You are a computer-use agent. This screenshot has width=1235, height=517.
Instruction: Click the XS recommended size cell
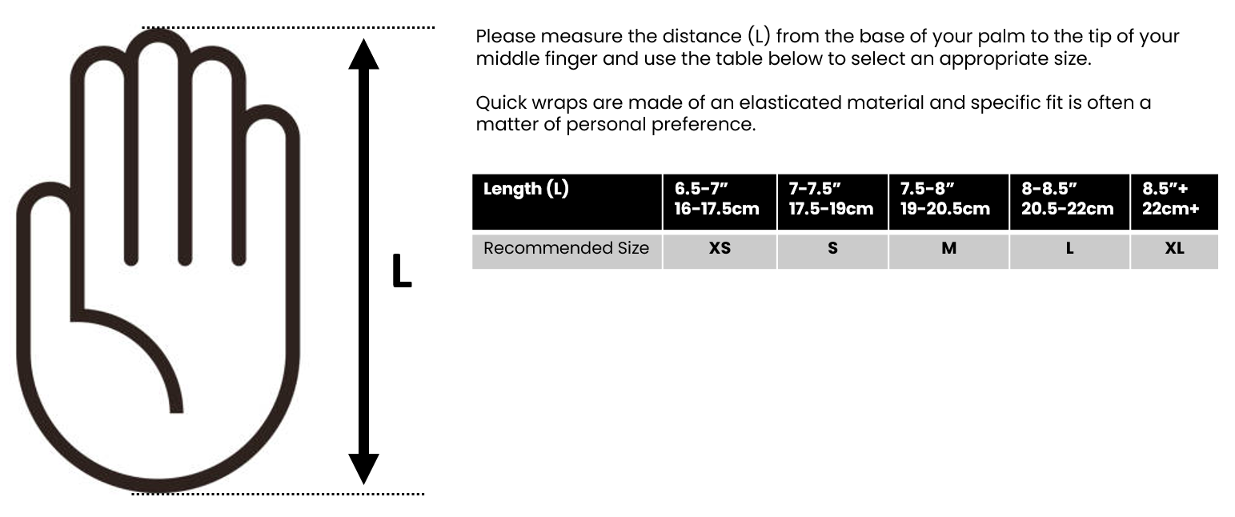coord(720,249)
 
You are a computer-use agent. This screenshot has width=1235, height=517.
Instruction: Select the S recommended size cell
coord(832,249)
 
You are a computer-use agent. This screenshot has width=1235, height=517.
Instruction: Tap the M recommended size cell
coord(948,249)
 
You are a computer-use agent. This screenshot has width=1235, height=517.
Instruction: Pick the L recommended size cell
coord(1069,249)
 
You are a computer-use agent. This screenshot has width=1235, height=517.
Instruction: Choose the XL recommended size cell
coord(1174,249)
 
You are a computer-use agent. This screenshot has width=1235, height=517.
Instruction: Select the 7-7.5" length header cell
coord(832,200)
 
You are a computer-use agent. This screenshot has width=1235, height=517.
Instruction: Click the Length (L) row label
coord(526,190)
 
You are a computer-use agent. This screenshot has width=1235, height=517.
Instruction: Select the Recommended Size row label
coord(566,249)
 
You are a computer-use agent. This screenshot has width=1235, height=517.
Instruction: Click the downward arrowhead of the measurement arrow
coord(363,467)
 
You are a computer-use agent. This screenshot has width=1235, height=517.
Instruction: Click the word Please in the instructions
coord(502,37)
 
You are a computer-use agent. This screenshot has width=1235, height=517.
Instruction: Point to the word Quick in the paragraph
coord(498,103)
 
